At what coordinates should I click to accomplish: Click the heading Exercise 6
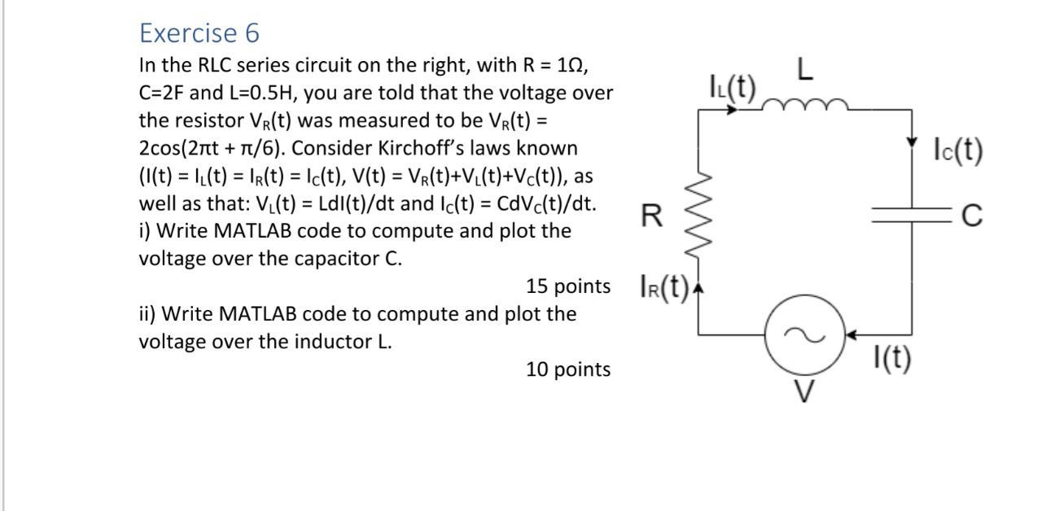click(x=199, y=33)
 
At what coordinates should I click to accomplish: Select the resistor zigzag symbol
click(x=699, y=216)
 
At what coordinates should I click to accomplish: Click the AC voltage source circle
click(x=803, y=334)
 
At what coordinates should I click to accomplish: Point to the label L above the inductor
click(x=804, y=70)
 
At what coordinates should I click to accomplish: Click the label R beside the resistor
click(x=651, y=216)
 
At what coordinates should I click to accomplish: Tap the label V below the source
click(x=803, y=391)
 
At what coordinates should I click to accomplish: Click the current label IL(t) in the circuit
click(x=733, y=85)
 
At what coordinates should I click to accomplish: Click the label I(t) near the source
click(x=891, y=358)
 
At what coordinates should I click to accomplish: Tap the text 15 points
click(x=568, y=286)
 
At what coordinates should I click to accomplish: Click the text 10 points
click(x=568, y=369)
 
